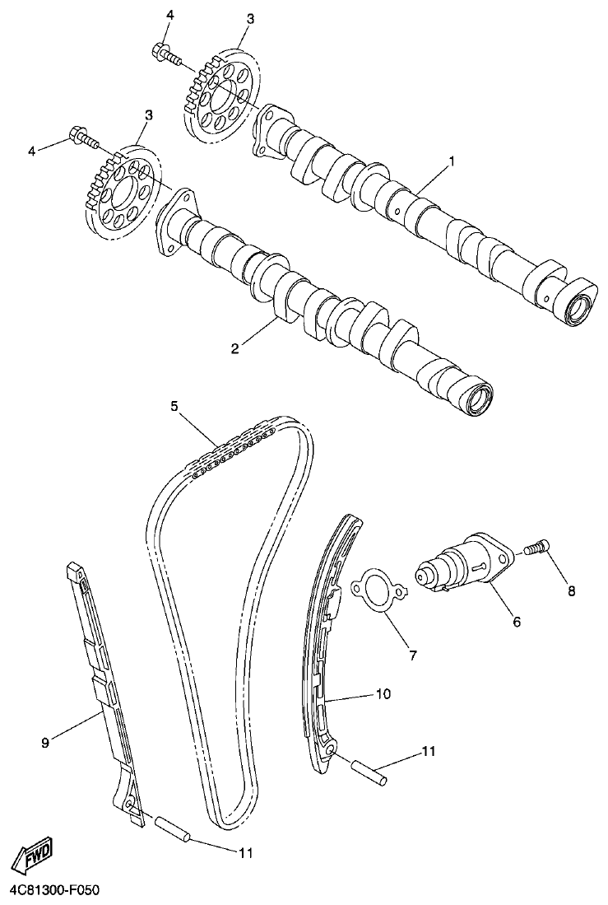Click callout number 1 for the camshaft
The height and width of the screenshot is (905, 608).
click(451, 161)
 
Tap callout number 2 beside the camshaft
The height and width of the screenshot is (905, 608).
click(234, 349)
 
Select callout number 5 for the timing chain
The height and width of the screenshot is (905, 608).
click(174, 405)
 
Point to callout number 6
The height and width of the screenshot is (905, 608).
click(516, 623)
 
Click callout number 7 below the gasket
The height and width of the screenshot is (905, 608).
click(412, 655)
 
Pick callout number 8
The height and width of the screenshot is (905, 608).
click(572, 590)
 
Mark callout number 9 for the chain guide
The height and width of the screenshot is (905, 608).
click(45, 742)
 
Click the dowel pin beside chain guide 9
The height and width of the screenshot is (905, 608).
click(173, 827)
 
